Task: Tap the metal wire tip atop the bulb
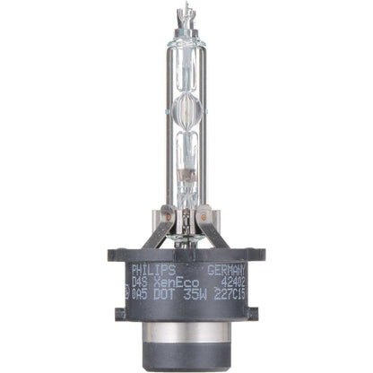[186, 11]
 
